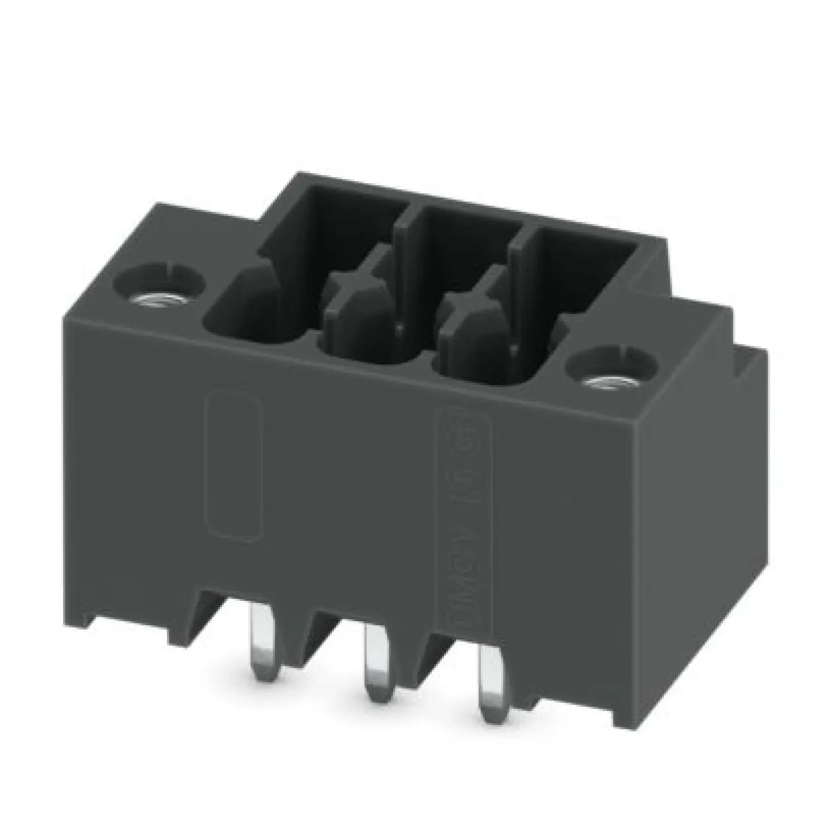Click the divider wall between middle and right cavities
tap(516, 275)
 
